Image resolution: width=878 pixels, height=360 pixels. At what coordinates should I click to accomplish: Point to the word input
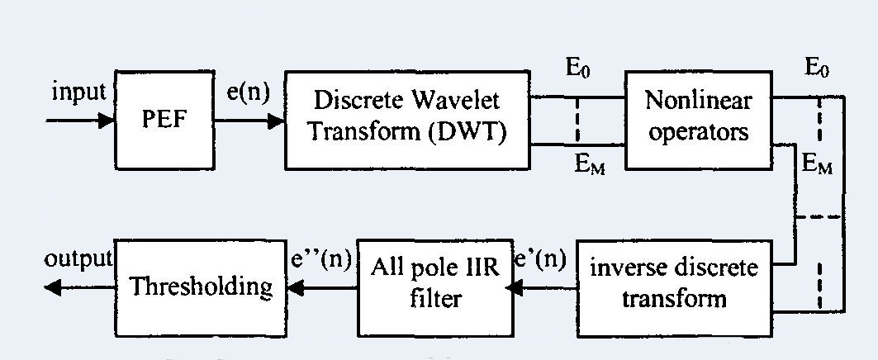coord(78,92)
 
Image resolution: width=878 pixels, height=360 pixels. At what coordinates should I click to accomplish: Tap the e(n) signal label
coord(248,92)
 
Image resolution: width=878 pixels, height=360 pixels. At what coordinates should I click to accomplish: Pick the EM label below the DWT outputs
coord(591,164)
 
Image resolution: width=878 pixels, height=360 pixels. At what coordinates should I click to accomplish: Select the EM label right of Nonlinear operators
coord(818,164)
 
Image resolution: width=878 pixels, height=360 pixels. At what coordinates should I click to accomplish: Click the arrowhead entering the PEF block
coord(107,121)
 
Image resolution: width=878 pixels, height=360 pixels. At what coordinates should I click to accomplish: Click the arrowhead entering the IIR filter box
coord(513,287)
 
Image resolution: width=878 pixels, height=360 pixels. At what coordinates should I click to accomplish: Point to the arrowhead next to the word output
coord(53,287)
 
